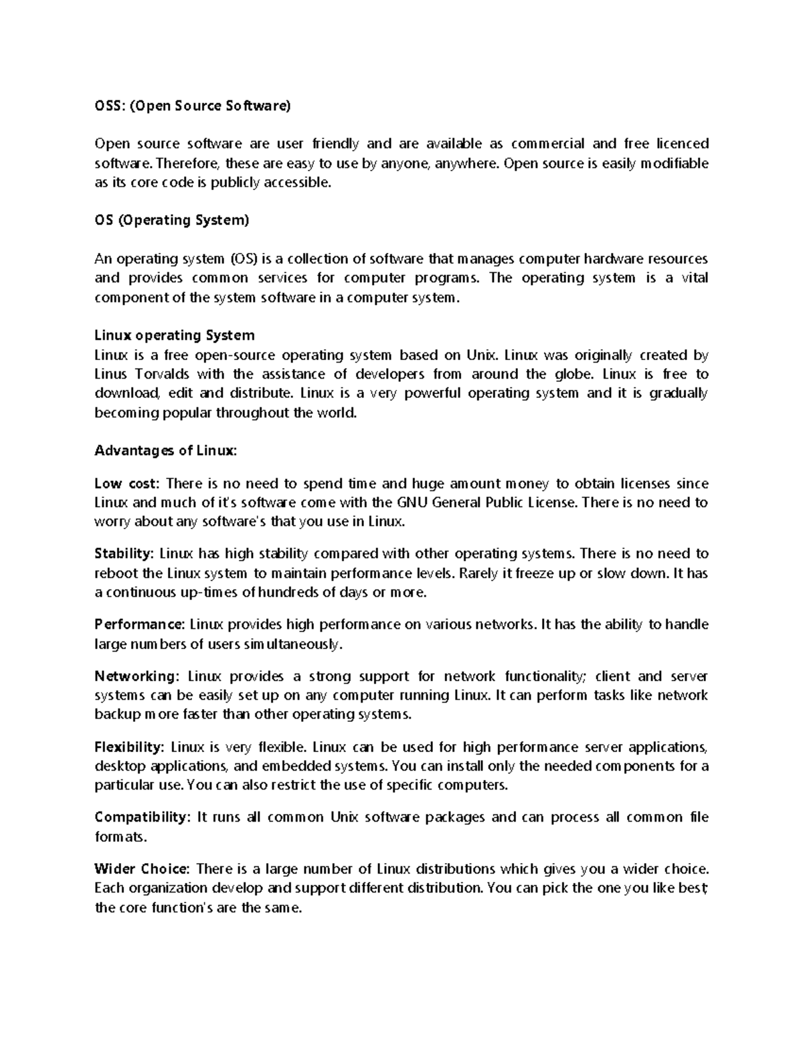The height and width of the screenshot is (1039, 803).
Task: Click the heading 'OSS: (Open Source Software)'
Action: (x=193, y=105)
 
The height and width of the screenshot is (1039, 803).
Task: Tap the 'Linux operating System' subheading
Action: (x=175, y=335)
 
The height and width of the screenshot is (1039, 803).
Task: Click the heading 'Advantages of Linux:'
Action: (x=166, y=451)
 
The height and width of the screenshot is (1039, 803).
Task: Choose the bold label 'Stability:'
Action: (x=124, y=553)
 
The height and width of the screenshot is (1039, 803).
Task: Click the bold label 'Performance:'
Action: (x=140, y=624)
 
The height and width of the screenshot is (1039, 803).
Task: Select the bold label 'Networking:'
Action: (x=137, y=676)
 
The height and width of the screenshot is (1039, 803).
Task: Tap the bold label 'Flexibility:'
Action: (x=129, y=746)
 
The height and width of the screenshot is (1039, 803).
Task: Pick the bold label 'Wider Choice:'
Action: (x=143, y=868)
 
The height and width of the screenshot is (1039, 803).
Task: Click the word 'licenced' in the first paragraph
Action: (x=682, y=144)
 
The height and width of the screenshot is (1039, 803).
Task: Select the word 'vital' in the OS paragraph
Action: (x=695, y=278)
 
